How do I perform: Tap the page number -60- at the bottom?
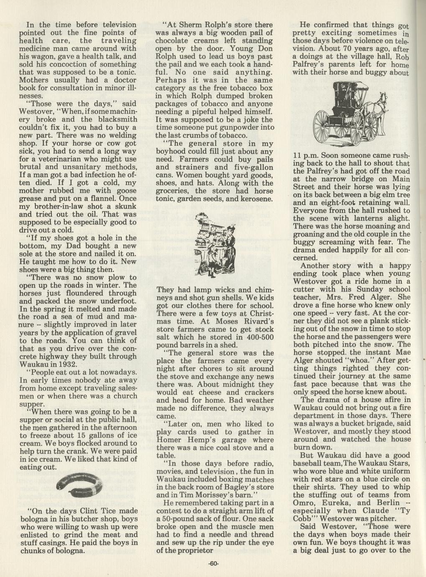[x=213, y=563]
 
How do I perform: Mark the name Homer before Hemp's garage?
[x=169, y=440]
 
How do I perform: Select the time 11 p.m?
[x=307, y=155]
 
